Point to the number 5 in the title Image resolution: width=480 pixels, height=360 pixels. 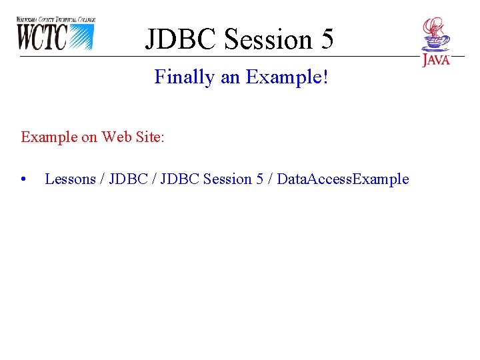click(325, 39)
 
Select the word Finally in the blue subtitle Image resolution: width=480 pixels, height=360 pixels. click(185, 77)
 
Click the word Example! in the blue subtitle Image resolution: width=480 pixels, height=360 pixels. click(287, 77)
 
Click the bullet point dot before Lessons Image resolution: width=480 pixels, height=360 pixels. click(23, 179)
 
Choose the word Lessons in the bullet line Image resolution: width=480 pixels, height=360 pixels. click(70, 179)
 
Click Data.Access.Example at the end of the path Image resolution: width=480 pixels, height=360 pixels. click(343, 179)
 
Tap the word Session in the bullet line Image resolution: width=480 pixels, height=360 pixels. click(228, 179)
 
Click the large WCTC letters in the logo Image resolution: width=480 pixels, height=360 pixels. click(41, 37)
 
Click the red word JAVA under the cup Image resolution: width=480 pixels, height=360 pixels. click(436, 60)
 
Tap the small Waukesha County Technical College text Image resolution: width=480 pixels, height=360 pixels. click(56, 20)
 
